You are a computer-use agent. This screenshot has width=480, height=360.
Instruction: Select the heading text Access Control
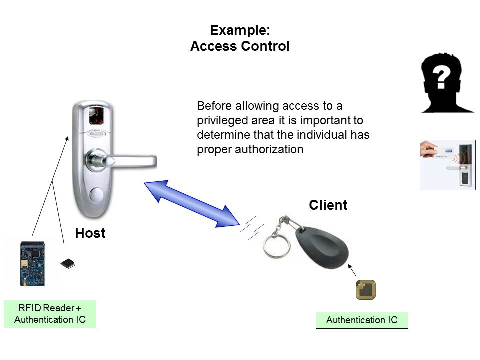(240, 47)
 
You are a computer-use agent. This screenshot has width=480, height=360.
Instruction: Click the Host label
(90, 233)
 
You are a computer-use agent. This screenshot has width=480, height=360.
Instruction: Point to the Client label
(328, 205)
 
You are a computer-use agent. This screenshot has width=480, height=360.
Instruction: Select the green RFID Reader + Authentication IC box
(50, 314)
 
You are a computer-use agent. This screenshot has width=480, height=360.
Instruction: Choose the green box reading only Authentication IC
(362, 320)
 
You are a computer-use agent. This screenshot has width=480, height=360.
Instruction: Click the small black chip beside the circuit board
(68, 263)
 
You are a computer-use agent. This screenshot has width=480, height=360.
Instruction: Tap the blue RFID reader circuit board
(32, 264)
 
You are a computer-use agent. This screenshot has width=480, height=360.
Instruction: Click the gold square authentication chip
(365, 290)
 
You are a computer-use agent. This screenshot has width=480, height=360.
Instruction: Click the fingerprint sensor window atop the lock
(97, 116)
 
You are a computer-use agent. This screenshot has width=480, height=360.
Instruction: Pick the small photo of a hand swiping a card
(447, 165)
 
